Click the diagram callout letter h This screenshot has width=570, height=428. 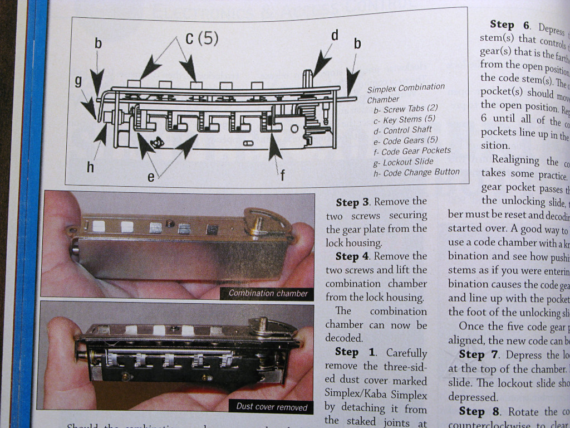[90, 167]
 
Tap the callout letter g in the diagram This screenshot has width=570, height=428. [79, 81]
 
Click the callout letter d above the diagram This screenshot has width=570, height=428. [335, 36]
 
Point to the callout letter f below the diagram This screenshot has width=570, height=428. [282, 175]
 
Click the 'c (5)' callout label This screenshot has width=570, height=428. [202, 38]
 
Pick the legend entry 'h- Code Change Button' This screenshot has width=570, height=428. [416, 172]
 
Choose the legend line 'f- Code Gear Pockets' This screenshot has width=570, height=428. [412, 151]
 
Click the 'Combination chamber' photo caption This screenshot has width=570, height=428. [268, 293]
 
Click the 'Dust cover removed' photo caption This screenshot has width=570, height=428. [272, 407]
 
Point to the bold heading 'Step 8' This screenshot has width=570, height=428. [479, 411]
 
